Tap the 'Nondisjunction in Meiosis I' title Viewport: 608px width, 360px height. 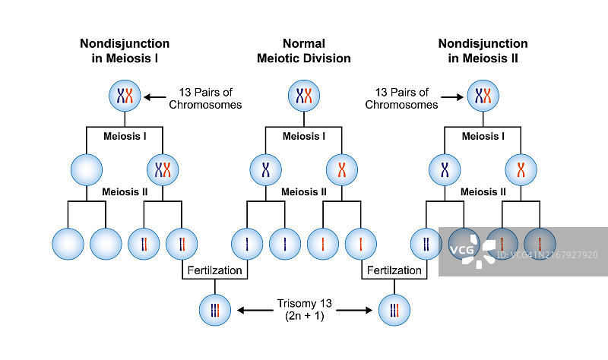click(x=125, y=51)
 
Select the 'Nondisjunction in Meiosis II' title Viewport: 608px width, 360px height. click(x=483, y=51)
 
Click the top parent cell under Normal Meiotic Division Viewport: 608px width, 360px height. click(x=304, y=96)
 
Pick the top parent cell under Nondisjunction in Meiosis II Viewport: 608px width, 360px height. click(x=483, y=96)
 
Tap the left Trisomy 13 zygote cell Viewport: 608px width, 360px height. click(x=214, y=310)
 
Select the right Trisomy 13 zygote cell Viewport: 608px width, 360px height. click(x=394, y=310)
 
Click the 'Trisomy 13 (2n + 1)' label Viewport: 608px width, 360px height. click(x=304, y=310)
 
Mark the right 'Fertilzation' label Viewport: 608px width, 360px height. click(x=394, y=270)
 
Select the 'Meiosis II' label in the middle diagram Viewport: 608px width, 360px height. click(x=304, y=191)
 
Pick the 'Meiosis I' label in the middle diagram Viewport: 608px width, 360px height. click(x=304, y=137)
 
